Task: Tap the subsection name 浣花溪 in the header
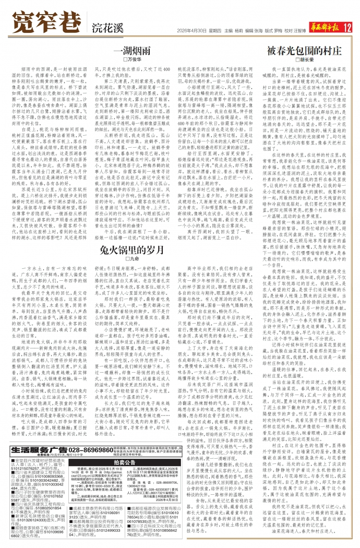[x=104, y=27]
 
